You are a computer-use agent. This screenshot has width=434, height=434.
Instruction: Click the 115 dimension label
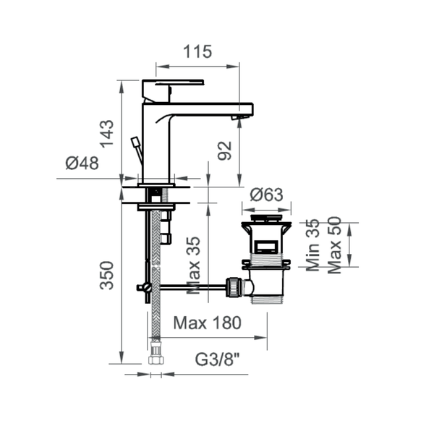tap(197, 51)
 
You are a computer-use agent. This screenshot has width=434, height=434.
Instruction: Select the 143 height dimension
tap(107, 134)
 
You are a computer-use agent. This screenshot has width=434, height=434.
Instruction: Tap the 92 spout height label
tap(224, 151)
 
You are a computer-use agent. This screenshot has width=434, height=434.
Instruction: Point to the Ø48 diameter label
tap(82, 163)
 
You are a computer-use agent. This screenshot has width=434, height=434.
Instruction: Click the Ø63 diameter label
tap(266, 195)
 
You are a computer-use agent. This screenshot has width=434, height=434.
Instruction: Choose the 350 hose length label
tap(107, 276)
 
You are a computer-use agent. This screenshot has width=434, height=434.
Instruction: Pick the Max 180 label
tap(208, 323)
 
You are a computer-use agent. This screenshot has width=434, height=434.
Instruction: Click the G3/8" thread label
tap(217, 359)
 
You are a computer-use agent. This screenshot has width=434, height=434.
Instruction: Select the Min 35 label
tap(313, 245)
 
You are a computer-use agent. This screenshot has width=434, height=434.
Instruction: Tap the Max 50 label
tap(335, 245)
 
